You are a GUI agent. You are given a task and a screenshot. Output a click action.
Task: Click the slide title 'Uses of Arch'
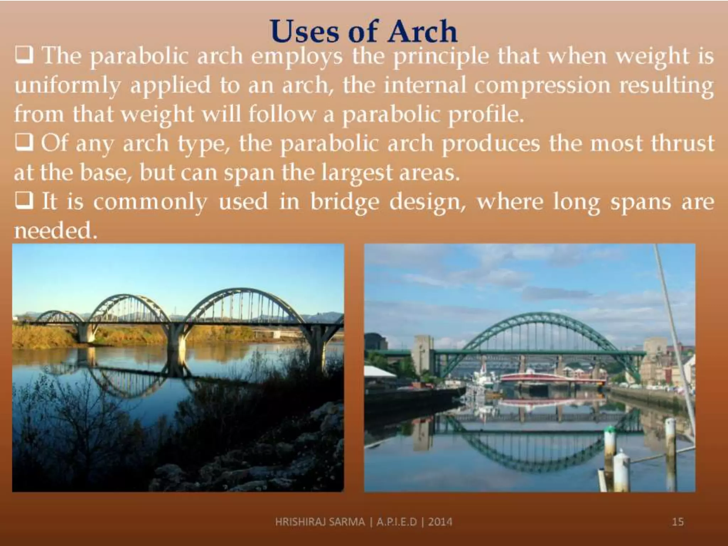pos(363,31)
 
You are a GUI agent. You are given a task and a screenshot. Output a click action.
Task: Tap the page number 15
pos(678,522)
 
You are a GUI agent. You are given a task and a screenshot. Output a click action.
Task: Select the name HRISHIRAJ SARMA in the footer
pos(320,522)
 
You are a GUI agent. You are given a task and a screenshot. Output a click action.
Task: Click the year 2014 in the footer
pos(440,522)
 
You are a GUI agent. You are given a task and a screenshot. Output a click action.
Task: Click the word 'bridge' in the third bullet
pos(344,202)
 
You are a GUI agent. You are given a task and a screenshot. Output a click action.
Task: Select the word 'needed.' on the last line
pos(55,231)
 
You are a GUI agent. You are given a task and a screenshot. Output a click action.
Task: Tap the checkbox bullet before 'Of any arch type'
pos(24,143)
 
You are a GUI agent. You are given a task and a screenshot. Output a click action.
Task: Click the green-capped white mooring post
pos(610,444)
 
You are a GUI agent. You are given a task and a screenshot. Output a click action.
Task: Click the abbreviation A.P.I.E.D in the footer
pos(396,522)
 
